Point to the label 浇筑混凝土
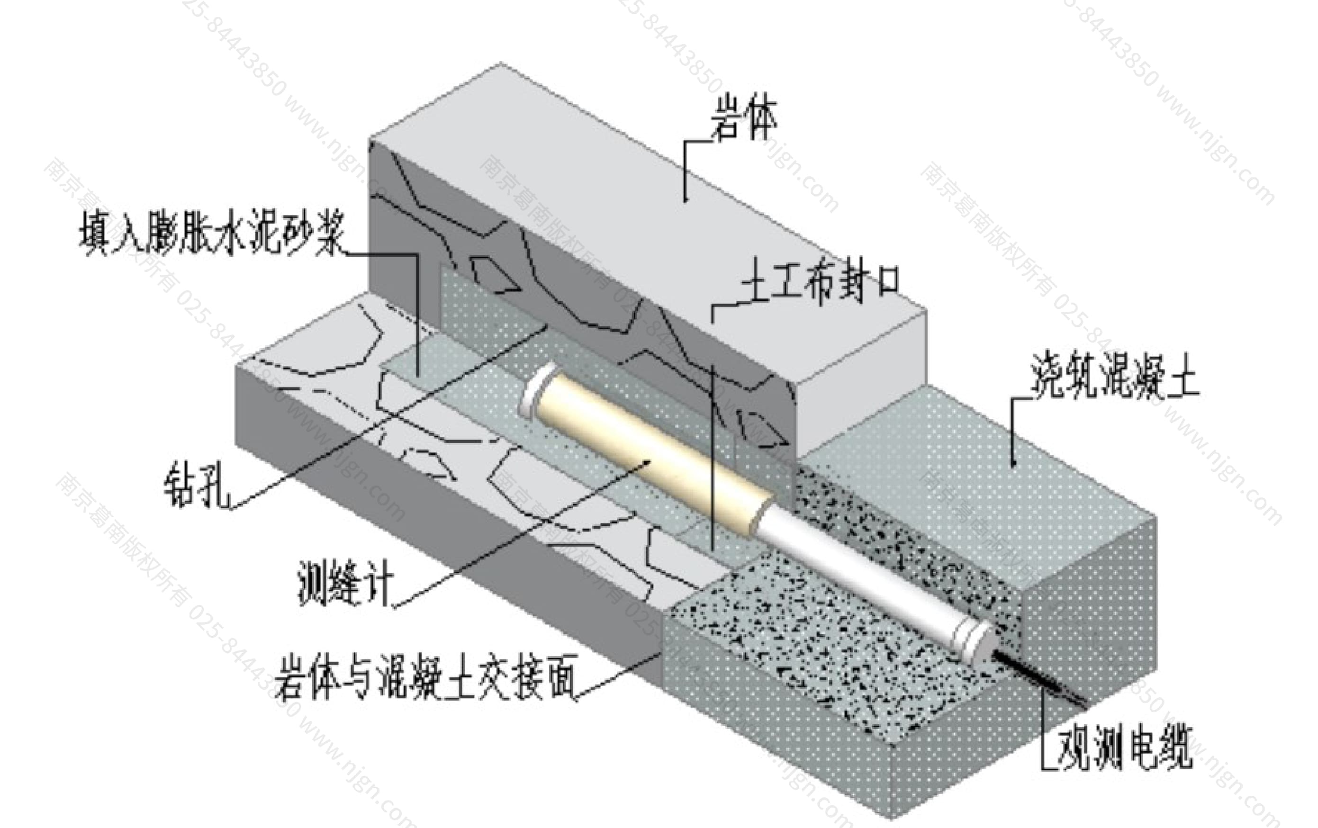[x=1114, y=377]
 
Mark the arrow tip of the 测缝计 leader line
[x=649, y=461]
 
